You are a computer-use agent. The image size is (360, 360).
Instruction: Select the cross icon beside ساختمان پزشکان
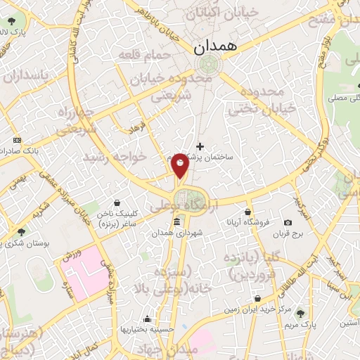(x=201, y=146)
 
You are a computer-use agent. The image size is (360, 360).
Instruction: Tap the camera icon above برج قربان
(x=287, y=223)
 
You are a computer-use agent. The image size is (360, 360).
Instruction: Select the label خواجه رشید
(x=116, y=156)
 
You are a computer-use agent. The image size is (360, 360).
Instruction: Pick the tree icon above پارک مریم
(x=301, y=313)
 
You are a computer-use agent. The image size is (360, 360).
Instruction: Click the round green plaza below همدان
(x=208, y=65)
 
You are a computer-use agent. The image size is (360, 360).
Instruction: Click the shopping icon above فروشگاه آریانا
(x=247, y=212)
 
